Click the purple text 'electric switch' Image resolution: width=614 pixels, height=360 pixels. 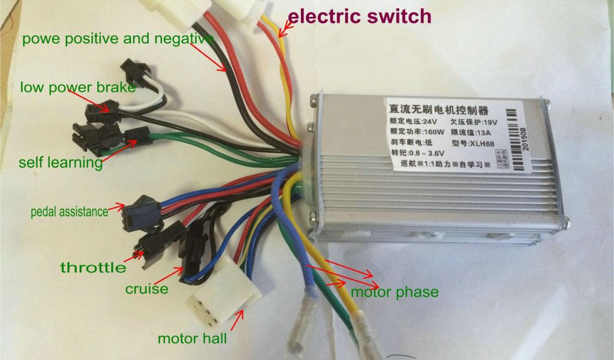point(359,16)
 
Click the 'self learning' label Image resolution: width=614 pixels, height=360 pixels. point(61,163)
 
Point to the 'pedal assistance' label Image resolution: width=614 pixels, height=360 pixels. point(70,212)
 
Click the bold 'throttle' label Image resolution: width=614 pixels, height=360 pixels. point(93,268)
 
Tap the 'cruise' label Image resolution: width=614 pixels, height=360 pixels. point(146,289)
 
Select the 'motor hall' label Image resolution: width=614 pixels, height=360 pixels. point(192,338)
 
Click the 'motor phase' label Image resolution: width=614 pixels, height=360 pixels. point(395,292)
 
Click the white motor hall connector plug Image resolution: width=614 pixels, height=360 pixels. point(224,300)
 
